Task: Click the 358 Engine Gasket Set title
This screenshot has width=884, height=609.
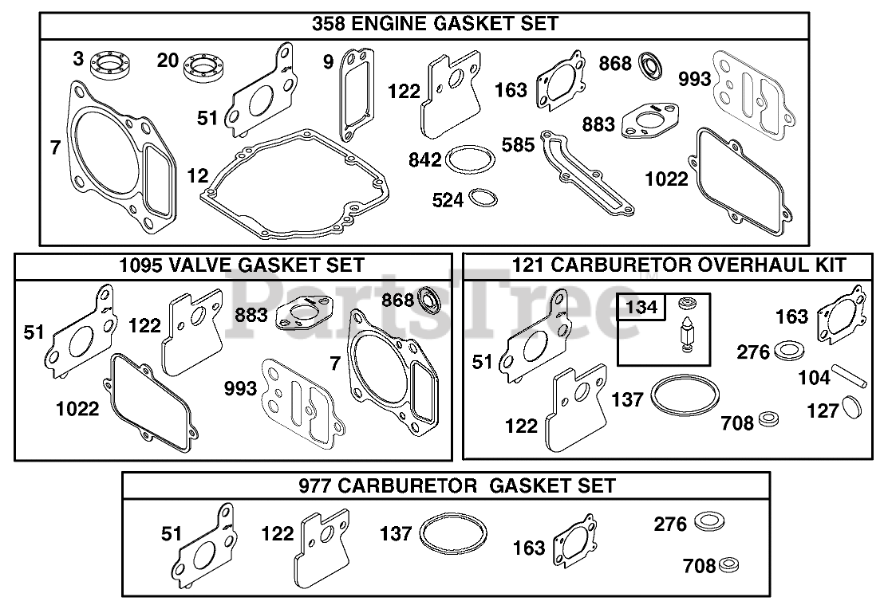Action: click(x=435, y=24)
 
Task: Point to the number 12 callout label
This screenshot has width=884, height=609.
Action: click(x=197, y=176)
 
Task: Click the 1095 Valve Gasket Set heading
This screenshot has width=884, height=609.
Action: click(x=241, y=265)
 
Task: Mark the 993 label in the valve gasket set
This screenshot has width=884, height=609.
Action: click(x=241, y=388)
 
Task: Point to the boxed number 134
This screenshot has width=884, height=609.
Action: click(x=641, y=307)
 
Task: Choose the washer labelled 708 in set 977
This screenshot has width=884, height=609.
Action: click(x=728, y=564)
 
